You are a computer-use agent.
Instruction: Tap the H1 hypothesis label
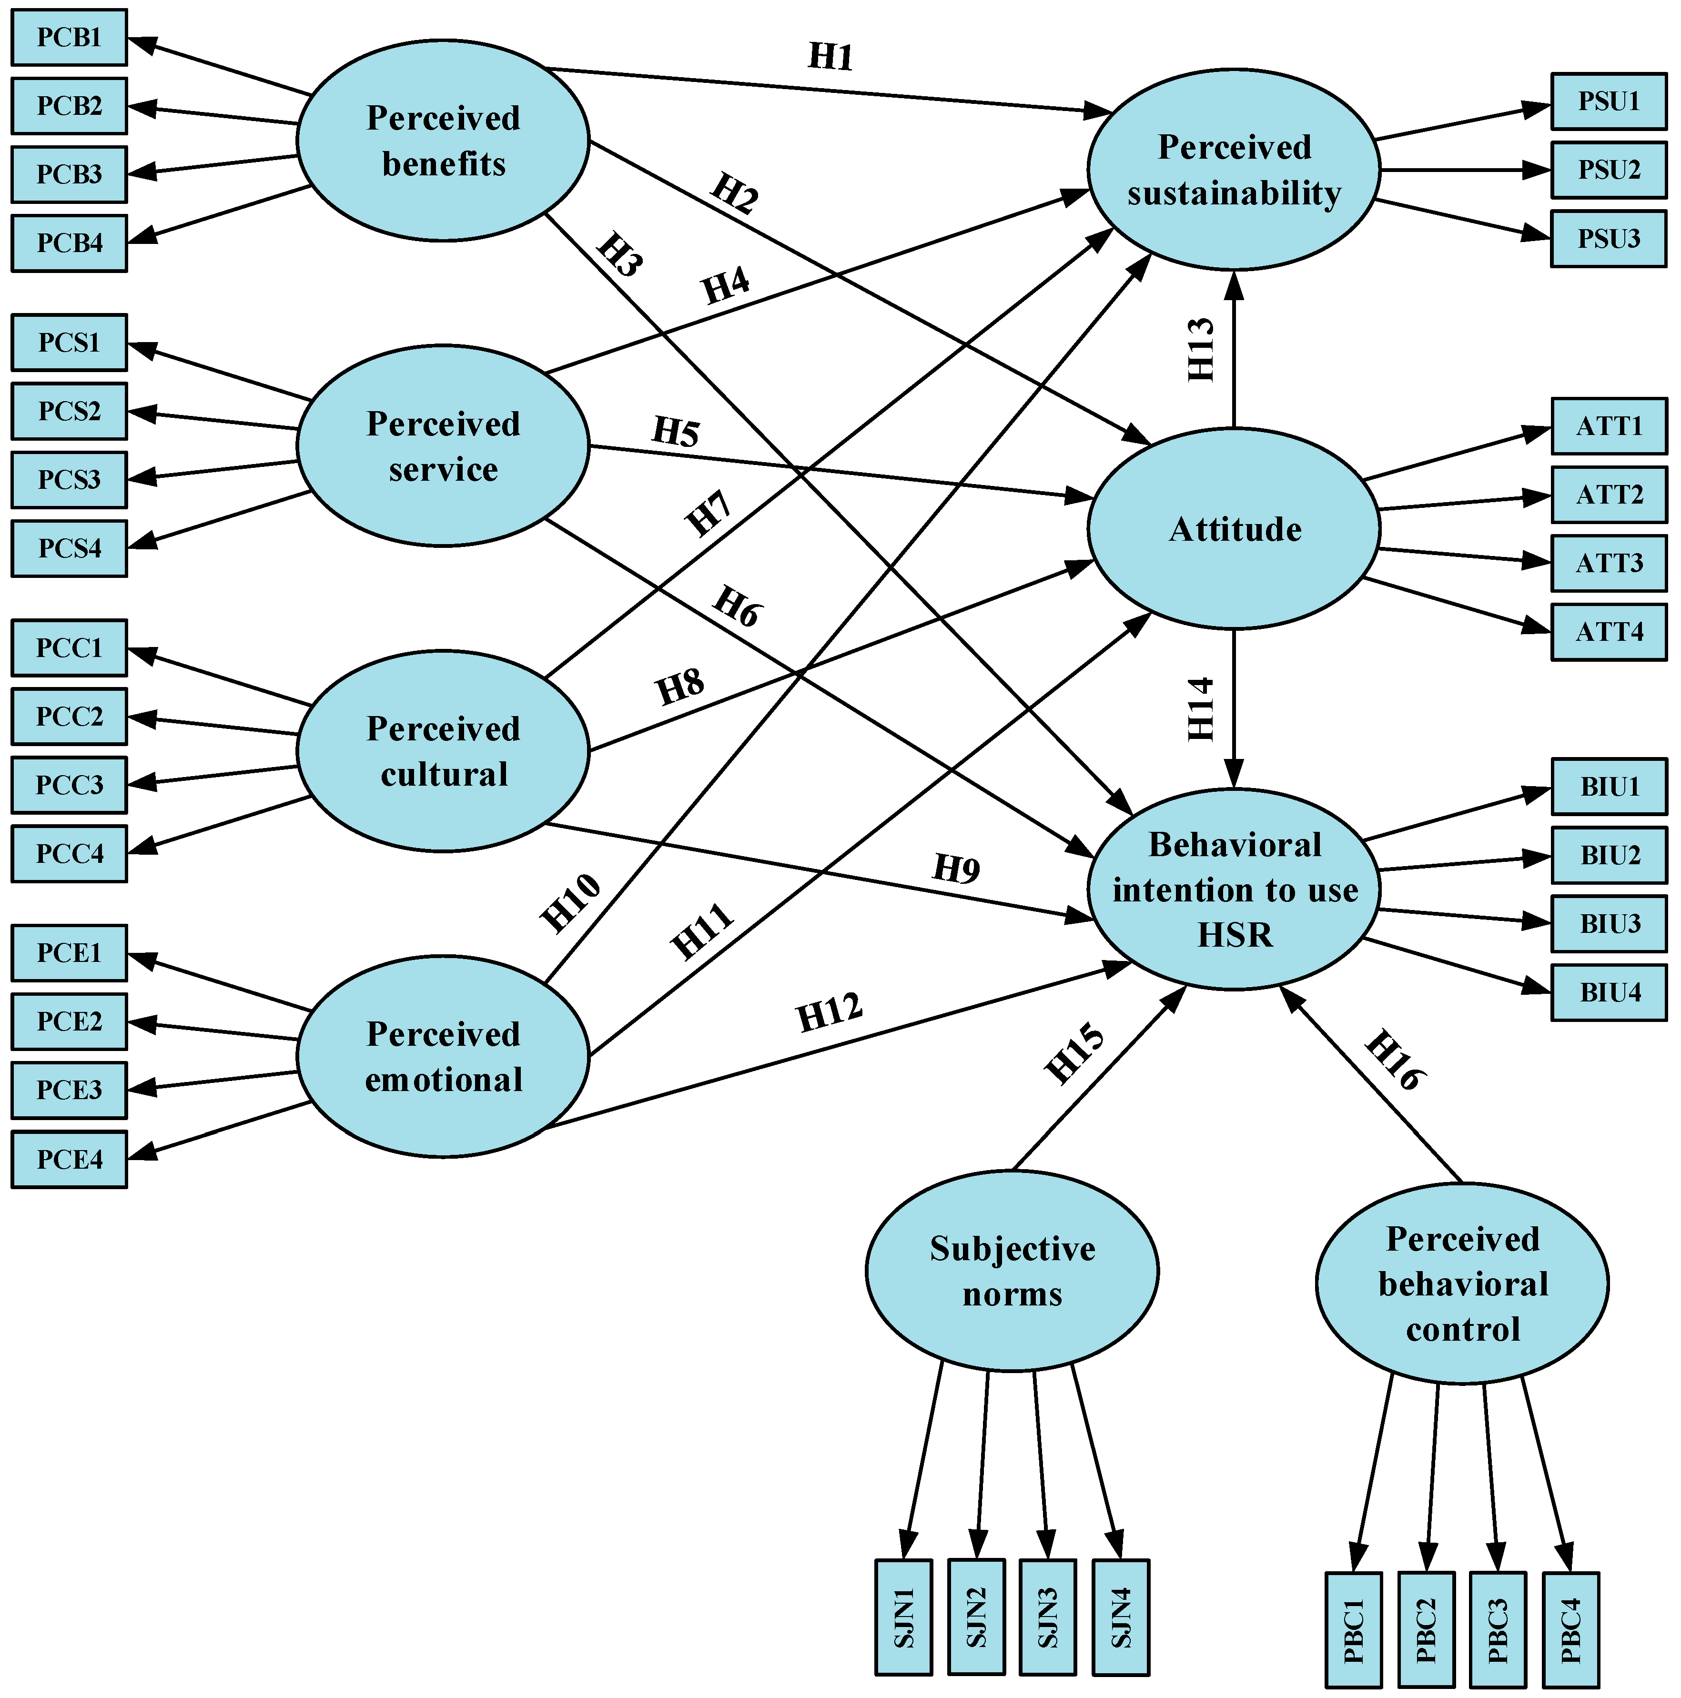pyautogui.click(x=830, y=57)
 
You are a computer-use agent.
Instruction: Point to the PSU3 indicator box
pyautogui.click(x=1608, y=238)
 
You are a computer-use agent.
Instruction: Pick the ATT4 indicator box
pyautogui.click(x=1608, y=632)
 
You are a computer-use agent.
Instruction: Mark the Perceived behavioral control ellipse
pyautogui.click(x=1462, y=1283)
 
